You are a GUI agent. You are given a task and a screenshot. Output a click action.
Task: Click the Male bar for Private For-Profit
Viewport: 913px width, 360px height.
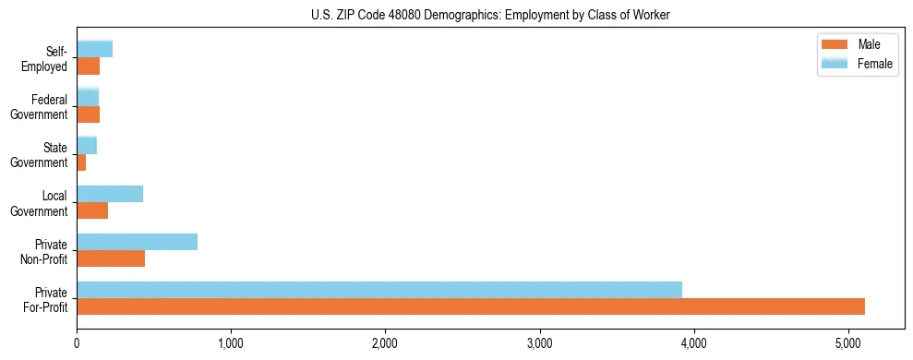471,306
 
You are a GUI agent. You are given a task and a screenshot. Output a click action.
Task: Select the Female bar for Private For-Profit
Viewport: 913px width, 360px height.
379,290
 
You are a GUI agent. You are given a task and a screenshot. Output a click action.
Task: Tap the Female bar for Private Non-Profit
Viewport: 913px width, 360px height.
137,242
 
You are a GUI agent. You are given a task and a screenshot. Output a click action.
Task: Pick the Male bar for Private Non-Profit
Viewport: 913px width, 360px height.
111,258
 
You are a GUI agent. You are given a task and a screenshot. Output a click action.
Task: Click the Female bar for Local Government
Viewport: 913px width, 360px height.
110,194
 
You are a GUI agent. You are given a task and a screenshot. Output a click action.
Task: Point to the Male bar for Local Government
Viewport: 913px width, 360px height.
92,210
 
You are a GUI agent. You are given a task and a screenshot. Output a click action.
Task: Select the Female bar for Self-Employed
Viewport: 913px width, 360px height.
94,49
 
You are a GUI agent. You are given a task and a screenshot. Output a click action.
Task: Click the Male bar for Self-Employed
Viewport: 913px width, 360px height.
88,66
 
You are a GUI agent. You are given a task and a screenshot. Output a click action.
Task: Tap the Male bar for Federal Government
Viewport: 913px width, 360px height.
88,114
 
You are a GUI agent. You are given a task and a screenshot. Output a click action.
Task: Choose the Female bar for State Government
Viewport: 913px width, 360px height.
87,145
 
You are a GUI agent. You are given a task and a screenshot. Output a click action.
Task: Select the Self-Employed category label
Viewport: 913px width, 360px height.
48,59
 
